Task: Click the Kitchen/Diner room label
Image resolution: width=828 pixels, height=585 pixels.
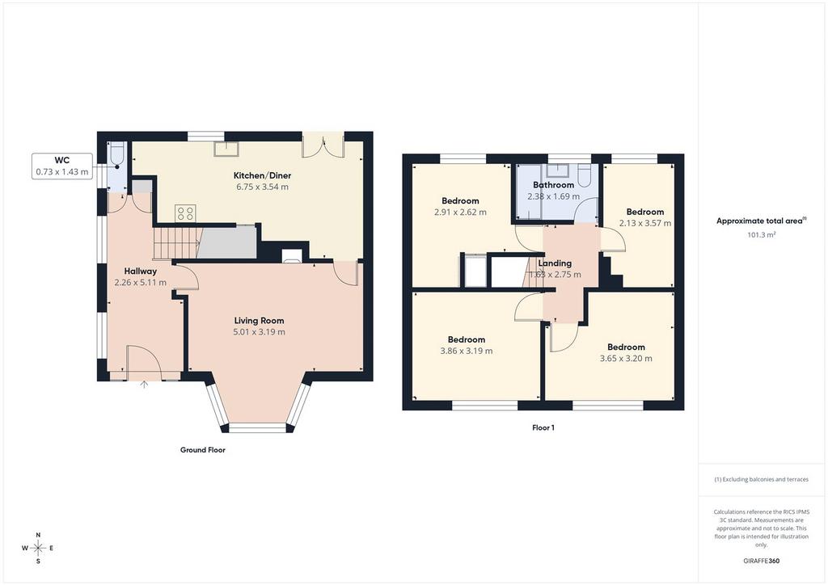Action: (263, 175)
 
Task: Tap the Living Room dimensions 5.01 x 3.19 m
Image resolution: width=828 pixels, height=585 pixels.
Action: (259, 332)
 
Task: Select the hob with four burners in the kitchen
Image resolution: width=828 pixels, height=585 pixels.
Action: (185, 213)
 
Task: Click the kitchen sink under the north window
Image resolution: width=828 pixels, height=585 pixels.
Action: (226, 149)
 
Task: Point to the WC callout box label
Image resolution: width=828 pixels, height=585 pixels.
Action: (62, 160)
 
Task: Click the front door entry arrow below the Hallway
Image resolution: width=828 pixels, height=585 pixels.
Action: (144, 385)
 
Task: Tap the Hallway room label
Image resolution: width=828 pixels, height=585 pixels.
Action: (141, 271)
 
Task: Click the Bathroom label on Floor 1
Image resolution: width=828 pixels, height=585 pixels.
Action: (553, 184)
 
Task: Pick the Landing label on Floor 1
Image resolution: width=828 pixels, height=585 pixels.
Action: (555, 263)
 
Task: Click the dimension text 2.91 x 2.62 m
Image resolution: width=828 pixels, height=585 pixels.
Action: (460, 212)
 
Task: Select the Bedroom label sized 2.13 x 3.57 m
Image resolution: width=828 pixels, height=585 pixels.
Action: (645, 212)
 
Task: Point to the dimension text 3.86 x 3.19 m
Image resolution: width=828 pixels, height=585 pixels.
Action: (467, 351)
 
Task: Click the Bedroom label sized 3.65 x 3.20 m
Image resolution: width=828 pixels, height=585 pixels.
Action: (626, 347)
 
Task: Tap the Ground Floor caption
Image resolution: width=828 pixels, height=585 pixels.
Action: (203, 450)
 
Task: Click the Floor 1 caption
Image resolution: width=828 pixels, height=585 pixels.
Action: (543, 427)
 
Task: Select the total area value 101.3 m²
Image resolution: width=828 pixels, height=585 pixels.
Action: (762, 235)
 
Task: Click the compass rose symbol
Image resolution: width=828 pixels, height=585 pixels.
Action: (38, 548)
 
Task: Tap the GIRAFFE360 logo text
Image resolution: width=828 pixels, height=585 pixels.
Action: (762, 561)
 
